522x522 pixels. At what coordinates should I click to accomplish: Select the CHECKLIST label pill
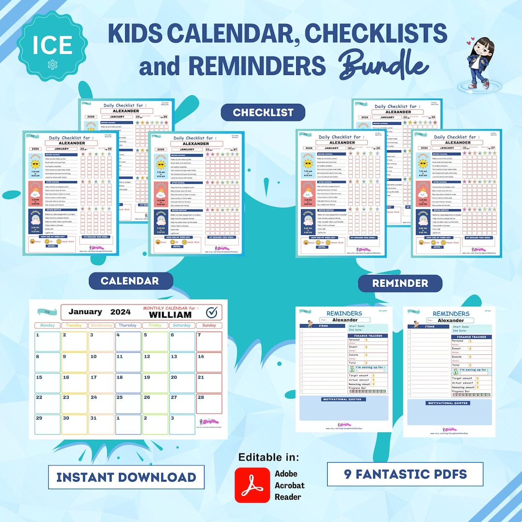click(x=263, y=112)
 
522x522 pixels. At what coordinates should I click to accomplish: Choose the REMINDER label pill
click(x=400, y=283)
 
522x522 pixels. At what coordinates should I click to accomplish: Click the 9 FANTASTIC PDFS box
click(x=405, y=474)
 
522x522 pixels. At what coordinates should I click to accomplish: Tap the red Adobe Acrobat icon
click(x=252, y=485)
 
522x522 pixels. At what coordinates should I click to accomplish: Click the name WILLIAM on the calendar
click(x=170, y=315)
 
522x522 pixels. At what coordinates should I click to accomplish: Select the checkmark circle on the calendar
click(x=211, y=313)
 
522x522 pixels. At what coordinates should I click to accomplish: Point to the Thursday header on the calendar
click(x=128, y=325)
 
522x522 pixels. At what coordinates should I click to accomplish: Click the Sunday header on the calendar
click(x=209, y=325)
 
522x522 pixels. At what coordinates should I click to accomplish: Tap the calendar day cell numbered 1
click(x=47, y=341)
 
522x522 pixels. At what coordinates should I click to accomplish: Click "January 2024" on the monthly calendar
click(x=100, y=312)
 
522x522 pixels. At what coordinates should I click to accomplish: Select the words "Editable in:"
click(x=269, y=457)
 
